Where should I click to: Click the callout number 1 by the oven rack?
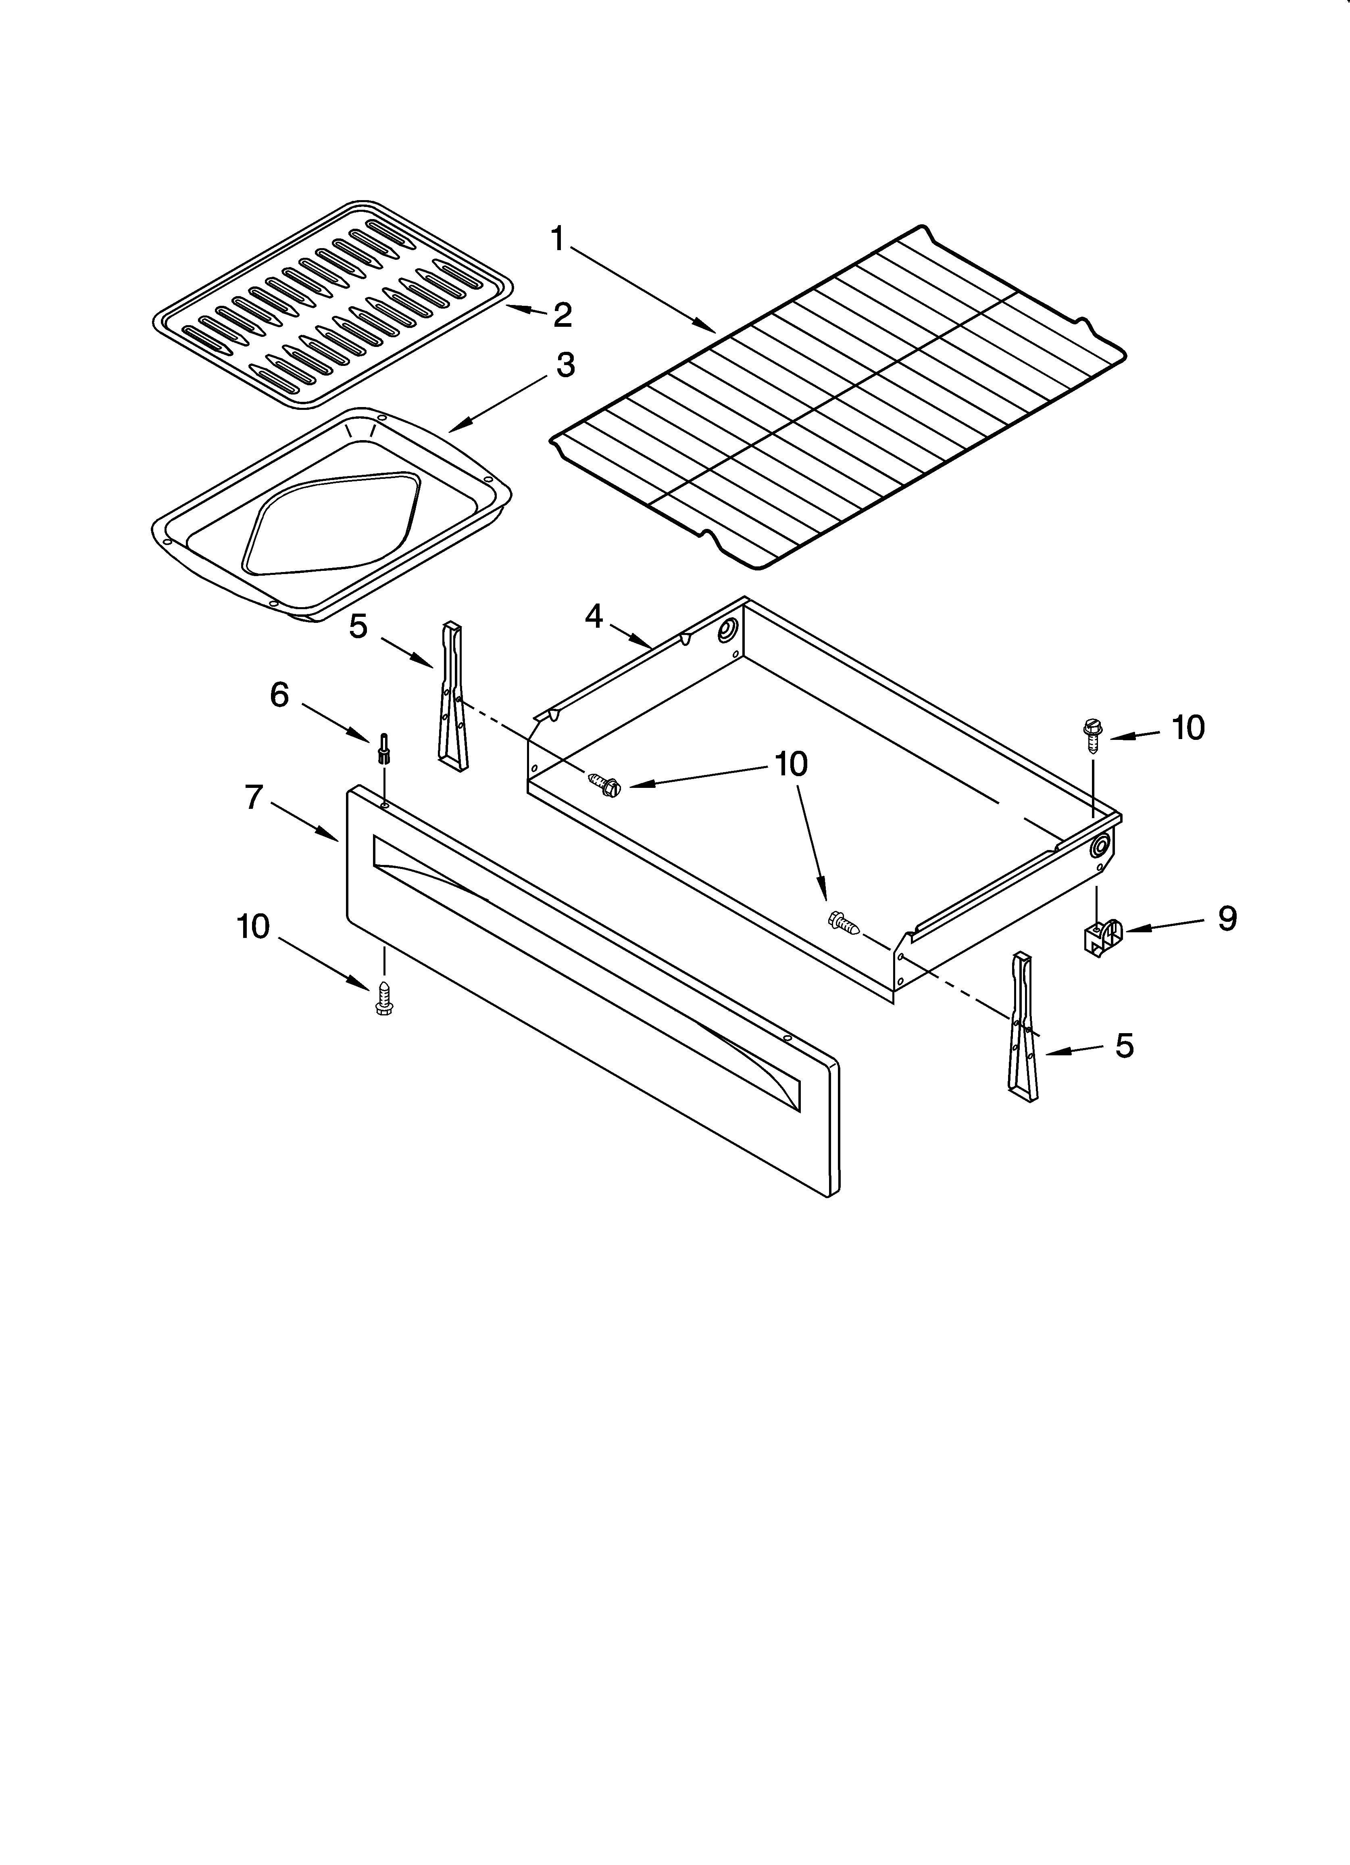[x=557, y=239]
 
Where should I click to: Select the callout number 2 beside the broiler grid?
[x=562, y=314]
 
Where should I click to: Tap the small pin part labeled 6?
[x=383, y=747]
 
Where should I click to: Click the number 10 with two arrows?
[x=791, y=764]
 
